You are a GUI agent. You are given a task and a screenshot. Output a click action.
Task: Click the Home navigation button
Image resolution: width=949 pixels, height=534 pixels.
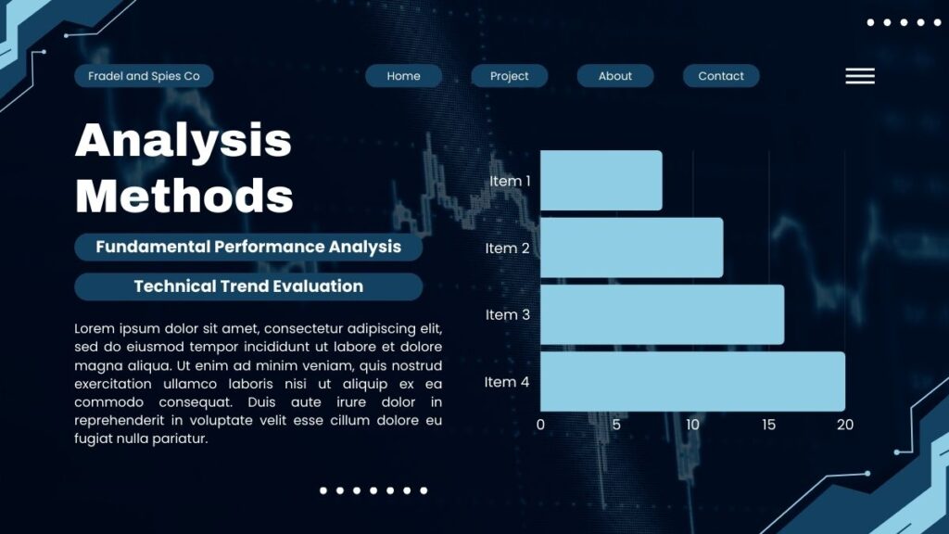pyautogui.click(x=404, y=76)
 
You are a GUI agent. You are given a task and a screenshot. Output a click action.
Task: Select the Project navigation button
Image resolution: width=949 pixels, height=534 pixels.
pyautogui.click(x=510, y=76)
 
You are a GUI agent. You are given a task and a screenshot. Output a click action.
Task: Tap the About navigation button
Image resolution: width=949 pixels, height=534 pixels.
pyautogui.click(x=615, y=76)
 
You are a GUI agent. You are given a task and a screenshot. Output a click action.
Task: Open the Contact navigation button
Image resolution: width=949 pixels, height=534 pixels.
pyautogui.click(x=721, y=76)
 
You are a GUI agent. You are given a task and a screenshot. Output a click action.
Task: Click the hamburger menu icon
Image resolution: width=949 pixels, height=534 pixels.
pyautogui.click(x=860, y=76)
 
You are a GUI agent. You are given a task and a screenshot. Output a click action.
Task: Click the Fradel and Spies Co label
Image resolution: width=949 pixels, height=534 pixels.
pyautogui.click(x=144, y=76)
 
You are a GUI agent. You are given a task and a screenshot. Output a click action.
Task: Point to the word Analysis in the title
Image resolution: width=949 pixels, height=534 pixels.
pyautogui.click(x=183, y=142)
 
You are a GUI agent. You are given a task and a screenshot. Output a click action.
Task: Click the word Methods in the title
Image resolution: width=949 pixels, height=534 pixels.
pyautogui.click(x=184, y=196)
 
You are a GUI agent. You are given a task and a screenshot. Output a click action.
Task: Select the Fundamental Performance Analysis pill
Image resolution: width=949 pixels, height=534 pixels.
pyautogui.click(x=248, y=247)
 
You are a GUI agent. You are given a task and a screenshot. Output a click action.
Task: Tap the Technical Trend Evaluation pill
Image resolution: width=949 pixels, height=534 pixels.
pyautogui.click(x=248, y=286)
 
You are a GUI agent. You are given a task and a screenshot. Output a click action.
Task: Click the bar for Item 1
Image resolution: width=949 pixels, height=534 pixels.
pyautogui.click(x=601, y=181)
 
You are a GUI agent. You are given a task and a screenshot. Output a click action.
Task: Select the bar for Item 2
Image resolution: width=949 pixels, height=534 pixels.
pyautogui.click(x=631, y=248)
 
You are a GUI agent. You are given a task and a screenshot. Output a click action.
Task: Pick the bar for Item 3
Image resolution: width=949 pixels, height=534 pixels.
pyautogui.click(x=662, y=315)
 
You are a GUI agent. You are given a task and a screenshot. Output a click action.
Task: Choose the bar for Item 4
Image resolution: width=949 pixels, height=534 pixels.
pyautogui.click(x=692, y=381)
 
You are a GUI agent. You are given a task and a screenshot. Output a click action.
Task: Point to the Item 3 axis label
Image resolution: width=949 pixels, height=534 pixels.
pyautogui.click(x=507, y=315)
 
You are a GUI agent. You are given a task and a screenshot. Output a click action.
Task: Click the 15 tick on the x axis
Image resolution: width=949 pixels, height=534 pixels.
pyautogui.click(x=768, y=425)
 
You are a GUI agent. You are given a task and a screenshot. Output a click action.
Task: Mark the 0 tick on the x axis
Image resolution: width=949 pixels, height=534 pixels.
pyautogui.click(x=540, y=425)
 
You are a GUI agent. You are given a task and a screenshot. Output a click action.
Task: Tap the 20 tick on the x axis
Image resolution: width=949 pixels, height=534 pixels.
pyautogui.click(x=845, y=425)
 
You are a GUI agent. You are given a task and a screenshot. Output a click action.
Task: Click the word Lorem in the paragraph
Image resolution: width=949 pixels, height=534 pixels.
pyautogui.click(x=95, y=329)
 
